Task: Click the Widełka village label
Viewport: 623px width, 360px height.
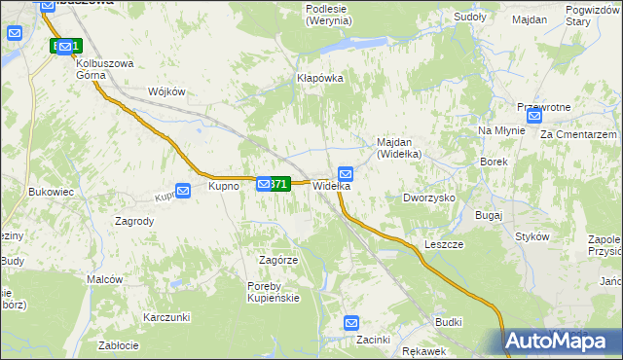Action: tap(331, 186)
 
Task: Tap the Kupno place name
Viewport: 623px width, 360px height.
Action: tap(224, 186)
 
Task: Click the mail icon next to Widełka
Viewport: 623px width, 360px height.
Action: tap(346, 173)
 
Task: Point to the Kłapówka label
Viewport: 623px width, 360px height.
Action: tap(320, 78)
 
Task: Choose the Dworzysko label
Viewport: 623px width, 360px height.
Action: tap(429, 198)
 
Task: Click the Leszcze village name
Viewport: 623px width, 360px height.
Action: tap(444, 244)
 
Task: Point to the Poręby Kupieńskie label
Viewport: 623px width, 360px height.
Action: tap(274, 292)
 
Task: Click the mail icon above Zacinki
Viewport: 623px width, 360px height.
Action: tap(352, 323)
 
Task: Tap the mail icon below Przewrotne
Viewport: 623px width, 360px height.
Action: tap(533, 115)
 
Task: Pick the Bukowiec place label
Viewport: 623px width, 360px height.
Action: tap(52, 193)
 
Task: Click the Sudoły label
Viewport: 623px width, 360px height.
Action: tap(470, 18)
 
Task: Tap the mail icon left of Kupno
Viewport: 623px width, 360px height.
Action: tap(183, 191)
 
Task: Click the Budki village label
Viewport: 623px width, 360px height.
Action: tap(449, 321)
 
